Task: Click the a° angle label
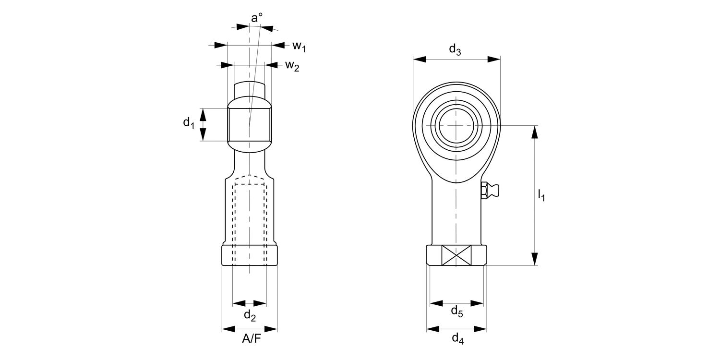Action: pyautogui.click(x=257, y=18)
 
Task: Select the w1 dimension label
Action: pyautogui.click(x=299, y=46)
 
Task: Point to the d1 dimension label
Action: pyautogui.click(x=189, y=123)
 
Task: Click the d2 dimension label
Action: pyautogui.click(x=250, y=315)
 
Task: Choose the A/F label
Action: pyautogui.click(x=250, y=339)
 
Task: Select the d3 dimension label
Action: pyautogui.click(x=455, y=49)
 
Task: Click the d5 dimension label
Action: pyautogui.click(x=456, y=312)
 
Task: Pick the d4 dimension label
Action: pyautogui.click(x=457, y=339)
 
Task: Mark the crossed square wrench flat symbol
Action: pyautogui.click(x=456, y=255)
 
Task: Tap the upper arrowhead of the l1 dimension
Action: pyautogui.click(x=536, y=132)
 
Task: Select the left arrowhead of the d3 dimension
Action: pyautogui.click(x=420, y=59)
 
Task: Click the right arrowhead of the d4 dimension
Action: pyautogui.click(x=481, y=329)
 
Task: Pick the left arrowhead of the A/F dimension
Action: pyautogui.click(x=228, y=329)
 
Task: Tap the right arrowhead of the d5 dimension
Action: pyautogui.click(x=477, y=303)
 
